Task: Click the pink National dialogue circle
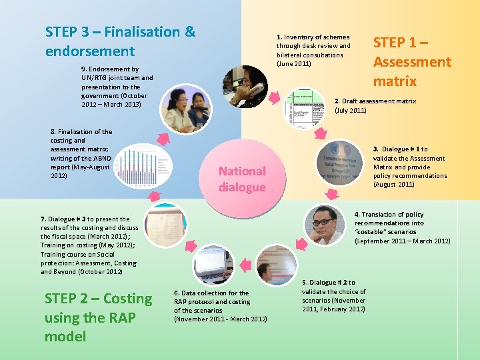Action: (x=241, y=179)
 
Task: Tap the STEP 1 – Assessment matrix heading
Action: (x=411, y=62)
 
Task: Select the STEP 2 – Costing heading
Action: (x=98, y=317)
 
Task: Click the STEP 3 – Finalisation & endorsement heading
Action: (x=121, y=41)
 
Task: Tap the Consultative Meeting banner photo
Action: (x=340, y=164)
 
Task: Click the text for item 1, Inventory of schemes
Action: (x=313, y=51)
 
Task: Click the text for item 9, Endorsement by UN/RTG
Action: (x=117, y=87)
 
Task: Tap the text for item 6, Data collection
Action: (x=220, y=306)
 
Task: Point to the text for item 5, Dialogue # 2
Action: (x=333, y=296)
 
